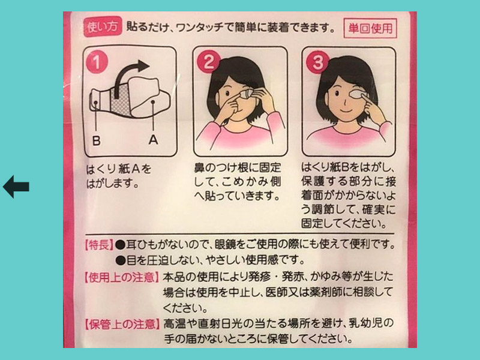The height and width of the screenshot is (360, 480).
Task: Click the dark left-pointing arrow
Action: click(16, 187)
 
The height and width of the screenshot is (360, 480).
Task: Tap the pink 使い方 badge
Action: click(103, 27)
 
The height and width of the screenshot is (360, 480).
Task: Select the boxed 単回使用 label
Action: click(370, 28)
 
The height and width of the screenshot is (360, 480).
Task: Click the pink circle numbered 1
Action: click(97, 62)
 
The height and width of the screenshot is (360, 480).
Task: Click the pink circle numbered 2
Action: click(209, 62)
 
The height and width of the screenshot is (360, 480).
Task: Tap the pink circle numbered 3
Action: click(318, 62)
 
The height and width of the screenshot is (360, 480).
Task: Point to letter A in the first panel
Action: click(154, 140)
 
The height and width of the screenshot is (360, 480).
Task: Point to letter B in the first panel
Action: click(97, 140)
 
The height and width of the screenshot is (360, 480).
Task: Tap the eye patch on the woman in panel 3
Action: click(358, 93)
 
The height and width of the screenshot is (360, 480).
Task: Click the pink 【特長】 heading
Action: click(99, 245)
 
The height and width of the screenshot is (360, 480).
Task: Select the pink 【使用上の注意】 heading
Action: click(122, 277)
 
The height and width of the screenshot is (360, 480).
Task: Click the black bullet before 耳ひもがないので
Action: click(121, 245)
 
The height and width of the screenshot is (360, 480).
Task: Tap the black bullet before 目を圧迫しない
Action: click(121, 260)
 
